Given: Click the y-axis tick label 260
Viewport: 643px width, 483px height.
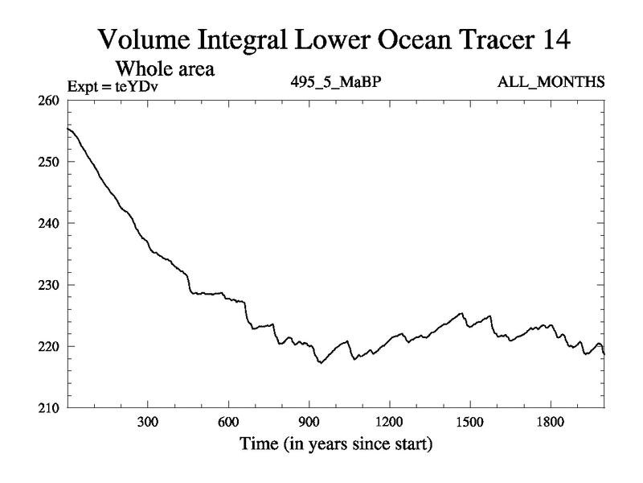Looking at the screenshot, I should pyautogui.click(x=51, y=101).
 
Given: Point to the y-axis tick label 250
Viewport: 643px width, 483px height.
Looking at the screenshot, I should pyautogui.click(x=51, y=162).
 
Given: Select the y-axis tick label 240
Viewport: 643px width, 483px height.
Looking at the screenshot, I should pyautogui.click(x=51, y=223).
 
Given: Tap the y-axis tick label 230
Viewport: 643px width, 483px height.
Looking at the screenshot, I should pyautogui.click(x=51, y=285).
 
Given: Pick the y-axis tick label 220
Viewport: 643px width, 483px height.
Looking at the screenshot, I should pyautogui.click(x=51, y=346).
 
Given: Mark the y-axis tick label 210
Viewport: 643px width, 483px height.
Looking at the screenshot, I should pyautogui.click(x=51, y=407).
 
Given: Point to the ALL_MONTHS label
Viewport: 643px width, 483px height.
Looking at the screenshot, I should pyautogui.click(x=551, y=82).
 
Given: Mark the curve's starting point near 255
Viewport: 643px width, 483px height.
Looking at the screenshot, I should pyautogui.click(x=68, y=129).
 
